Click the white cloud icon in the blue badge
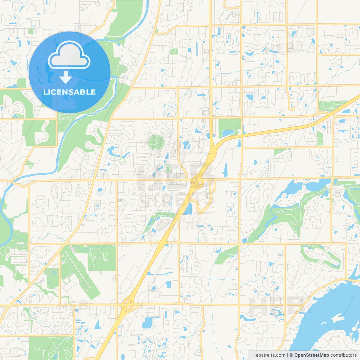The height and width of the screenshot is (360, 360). [x=69, y=56]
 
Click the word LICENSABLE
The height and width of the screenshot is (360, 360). [x=69, y=92]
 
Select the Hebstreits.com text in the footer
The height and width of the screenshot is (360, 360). [x=269, y=355]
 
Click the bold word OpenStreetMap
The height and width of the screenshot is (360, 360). [x=311, y=355]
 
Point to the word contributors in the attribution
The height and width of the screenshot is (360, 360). [x=343, y=355]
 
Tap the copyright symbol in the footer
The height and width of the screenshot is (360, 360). [x=291, y=355]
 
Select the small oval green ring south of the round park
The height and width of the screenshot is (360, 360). [x=168, y=168]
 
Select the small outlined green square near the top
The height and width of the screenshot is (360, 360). [x=173, y=51]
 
